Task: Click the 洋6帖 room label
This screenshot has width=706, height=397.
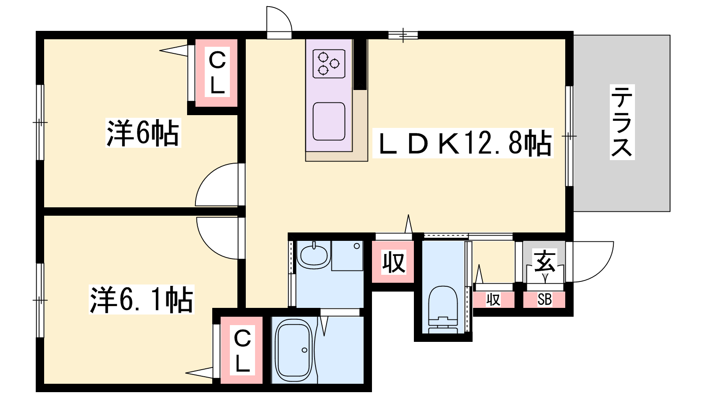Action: [143, 133]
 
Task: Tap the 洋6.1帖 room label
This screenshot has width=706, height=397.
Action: [142, 300]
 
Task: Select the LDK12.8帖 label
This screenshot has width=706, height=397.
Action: [463, 143]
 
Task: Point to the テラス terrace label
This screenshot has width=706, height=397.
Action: [622, 122]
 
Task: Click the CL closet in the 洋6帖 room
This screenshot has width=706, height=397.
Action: [217, 73]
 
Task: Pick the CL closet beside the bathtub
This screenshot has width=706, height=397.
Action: [241, 350]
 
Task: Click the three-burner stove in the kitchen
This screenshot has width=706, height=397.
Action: [329, 64]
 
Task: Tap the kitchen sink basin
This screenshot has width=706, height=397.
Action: [329, 121]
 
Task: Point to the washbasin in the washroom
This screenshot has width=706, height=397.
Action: [314, 254]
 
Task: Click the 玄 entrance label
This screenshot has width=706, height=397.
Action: [545, 261]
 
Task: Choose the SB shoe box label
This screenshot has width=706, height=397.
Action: [545, 300]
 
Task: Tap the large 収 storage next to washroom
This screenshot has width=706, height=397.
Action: [393, 262]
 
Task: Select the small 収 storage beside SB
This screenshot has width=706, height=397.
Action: [493, 300]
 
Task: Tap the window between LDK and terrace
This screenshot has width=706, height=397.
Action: [569, 136]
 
